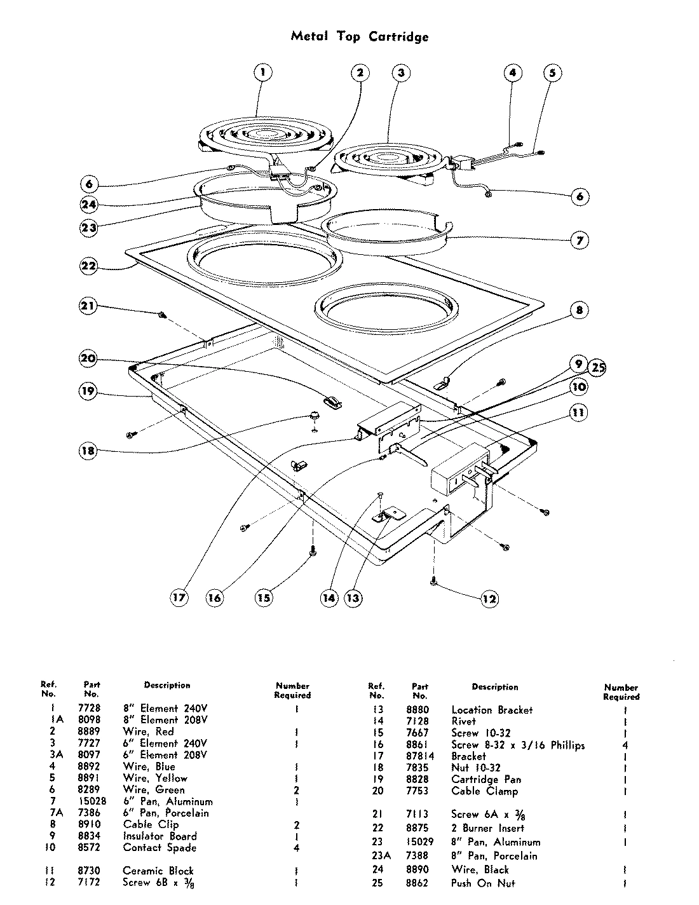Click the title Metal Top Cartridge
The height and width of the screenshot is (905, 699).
[360, 36]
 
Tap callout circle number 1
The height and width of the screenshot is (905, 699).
[262, 72]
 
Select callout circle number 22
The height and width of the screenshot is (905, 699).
[88, 266]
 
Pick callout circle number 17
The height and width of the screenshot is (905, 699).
[180, 597]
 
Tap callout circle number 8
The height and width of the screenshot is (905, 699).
[579, 310]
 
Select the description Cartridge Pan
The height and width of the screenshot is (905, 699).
[486, 779]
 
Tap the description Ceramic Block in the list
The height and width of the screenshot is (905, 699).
[158, 871]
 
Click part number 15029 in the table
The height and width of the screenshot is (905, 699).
[419, 842]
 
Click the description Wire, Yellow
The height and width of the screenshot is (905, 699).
[155, 778]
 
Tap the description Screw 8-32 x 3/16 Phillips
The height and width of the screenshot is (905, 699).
[518, 745]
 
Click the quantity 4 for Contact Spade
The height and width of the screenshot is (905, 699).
[296, 848]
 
